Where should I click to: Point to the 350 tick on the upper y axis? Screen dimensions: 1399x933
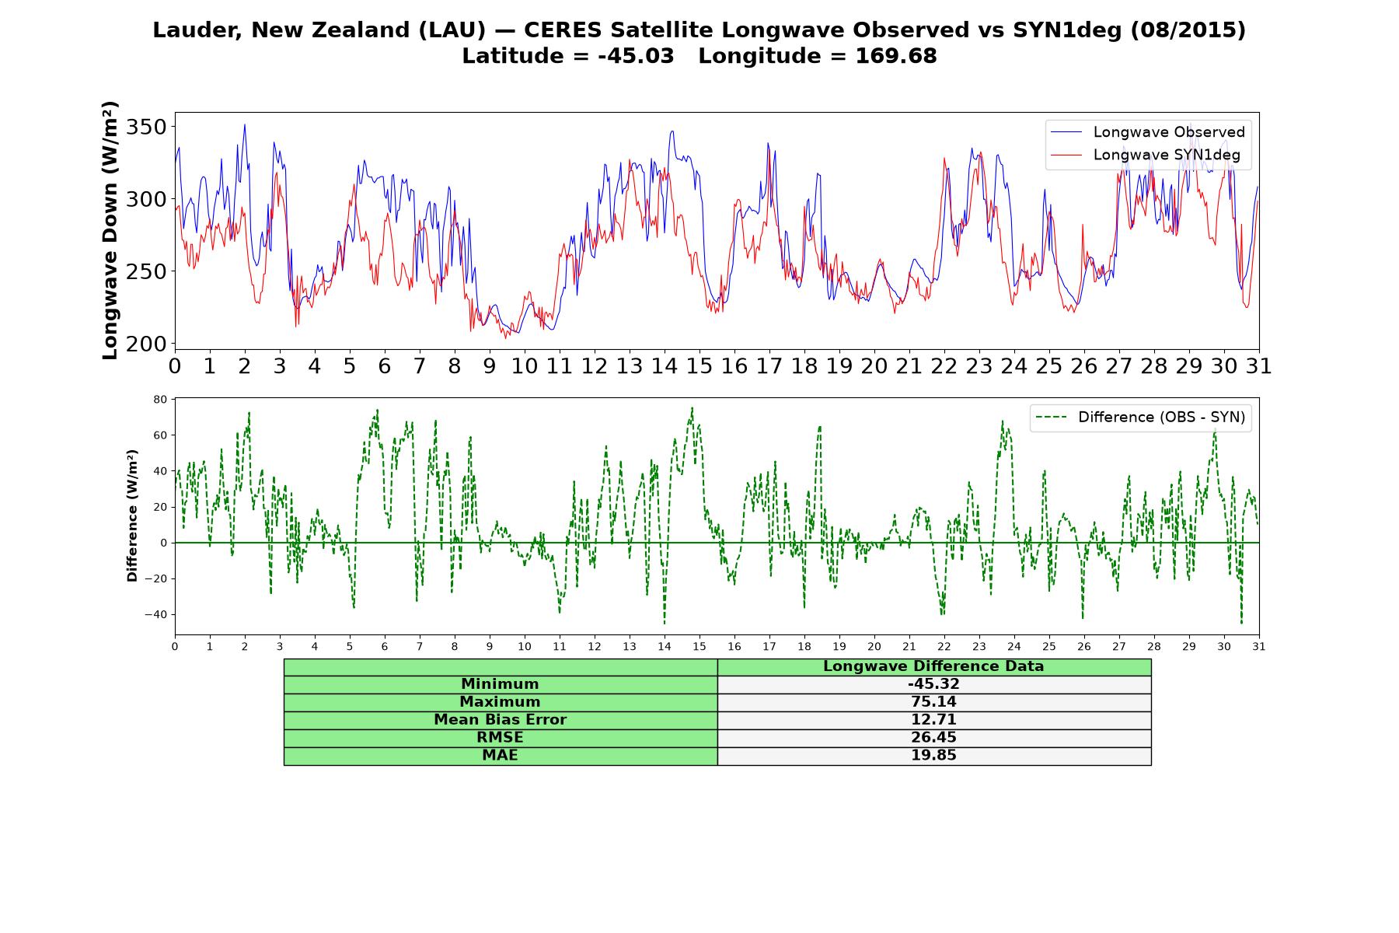[146, 127]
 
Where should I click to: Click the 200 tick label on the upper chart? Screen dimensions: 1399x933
[146, 344]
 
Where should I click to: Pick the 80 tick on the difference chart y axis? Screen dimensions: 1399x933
[161, 400]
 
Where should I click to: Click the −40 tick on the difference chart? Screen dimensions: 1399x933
[156, 614]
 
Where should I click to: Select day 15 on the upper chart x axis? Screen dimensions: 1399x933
[699, 366]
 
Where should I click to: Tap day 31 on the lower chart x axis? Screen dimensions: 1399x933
[1259, 647]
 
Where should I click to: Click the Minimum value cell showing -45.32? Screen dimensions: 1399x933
[933, 684]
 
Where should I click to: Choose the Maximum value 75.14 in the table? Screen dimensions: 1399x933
[933, 702]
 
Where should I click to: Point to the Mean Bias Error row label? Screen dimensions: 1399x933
[500, 720]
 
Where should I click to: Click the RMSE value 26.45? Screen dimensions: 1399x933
[933, 738]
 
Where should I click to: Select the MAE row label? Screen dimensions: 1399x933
[500, 756]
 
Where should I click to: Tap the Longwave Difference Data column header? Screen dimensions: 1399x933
[933, 666]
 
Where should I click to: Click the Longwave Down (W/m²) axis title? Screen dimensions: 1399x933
[110, 230]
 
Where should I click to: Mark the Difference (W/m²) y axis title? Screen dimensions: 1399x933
[132, 515]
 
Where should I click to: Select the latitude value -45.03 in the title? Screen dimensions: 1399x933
[636, 56]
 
